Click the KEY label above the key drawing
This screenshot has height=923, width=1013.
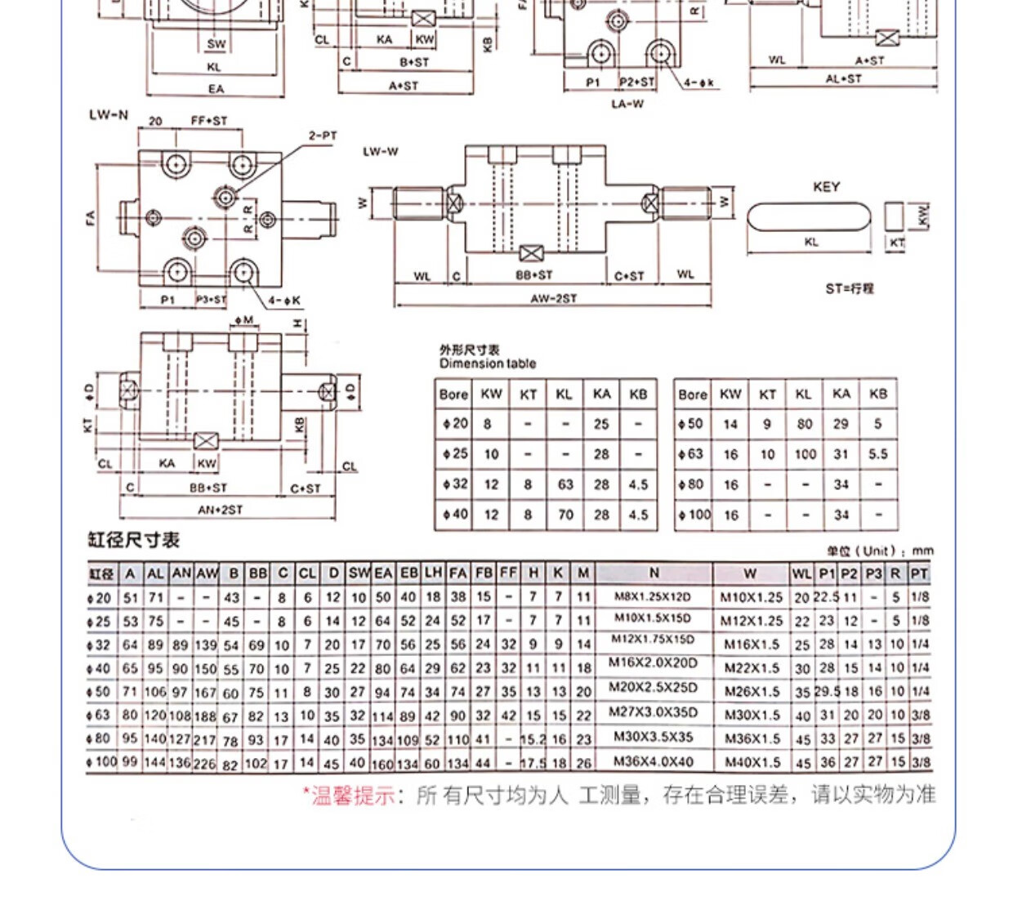pyautogui.click(x=826, y=187)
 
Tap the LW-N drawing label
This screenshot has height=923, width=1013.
pyautogui.click(x=109, y=115)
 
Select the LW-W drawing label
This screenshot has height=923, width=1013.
pyautogui.click(x=381, y=152)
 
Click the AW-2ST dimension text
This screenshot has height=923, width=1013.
pyautogui.click(x=553, y=299)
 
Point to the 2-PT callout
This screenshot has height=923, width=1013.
pyautogui.click(x=323, y=136)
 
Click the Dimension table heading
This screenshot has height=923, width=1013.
pyautogui.click(x=487, y=363)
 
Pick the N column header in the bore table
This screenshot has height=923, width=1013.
pyautogui.click(x=654, y=573)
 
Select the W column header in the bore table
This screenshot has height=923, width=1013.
pyautogui.click(x=750, y=573)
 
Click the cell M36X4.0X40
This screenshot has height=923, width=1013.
pyautogui.click(x=654, y=761)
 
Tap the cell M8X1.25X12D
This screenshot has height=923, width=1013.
pyautogui.click(x=653, y=596)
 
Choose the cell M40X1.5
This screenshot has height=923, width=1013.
pyautogui.click(x=752, y=762)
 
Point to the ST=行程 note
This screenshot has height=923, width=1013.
pyautogui.click(x=850, y=288)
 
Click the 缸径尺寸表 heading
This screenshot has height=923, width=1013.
pyautogui.click(x=133, y=540)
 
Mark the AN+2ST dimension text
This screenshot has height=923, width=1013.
pyautogui.click(x=221, y=510)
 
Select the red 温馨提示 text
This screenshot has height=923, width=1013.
pyautogui.click(x=349, y=795)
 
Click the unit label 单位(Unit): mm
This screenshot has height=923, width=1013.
pyautogui.click(x=879, y=551)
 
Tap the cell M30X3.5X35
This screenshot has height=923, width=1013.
pyautogui.click(x=653, y=737)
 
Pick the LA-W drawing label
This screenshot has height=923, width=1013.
pyautogui.click(x=627, y=104)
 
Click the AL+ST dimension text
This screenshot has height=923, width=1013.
pyautogui.click(x=843, y=79)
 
